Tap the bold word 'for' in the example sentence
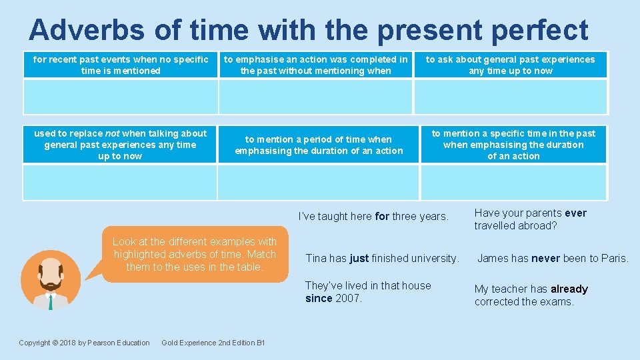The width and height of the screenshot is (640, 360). click(382, 216)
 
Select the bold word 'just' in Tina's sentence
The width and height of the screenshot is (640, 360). click(359, 258)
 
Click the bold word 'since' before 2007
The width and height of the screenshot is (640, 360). click(319, 298)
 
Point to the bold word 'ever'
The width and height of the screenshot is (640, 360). click(575, 213)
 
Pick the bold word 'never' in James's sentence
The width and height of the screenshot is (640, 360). click(545, 258)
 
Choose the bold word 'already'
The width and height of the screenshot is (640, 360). click(569, 289)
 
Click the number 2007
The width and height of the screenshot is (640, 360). click(348, 298)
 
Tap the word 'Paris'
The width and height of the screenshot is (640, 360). click(613, 258)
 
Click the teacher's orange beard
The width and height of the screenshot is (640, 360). click(51, 287)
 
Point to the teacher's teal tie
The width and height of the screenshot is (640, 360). click(51, 302)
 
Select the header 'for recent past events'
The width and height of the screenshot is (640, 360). click(121, 65)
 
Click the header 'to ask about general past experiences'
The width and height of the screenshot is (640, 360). click(511, 65)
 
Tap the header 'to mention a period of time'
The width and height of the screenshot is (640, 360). click(319, 145)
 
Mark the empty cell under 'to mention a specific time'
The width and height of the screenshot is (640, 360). click(513, 182)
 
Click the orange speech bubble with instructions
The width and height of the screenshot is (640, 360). click(194, 254)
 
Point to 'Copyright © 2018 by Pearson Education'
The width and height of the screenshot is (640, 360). click(84, 343)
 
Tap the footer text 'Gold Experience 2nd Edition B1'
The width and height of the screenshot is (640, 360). click(213, 343)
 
